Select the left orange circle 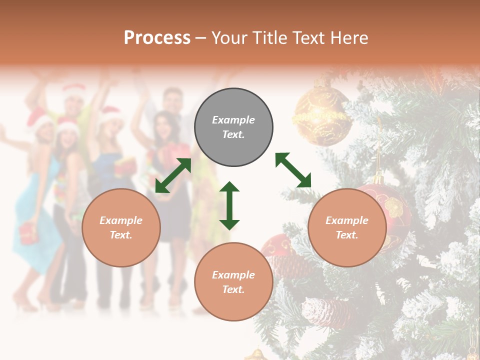(121, 227)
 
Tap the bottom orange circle (233, 281)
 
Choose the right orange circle (347, 227)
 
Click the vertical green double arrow (229, 205)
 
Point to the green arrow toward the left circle (173, 175)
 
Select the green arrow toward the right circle (293, 170)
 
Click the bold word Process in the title (157, 37)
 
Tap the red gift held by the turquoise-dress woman (28, 233)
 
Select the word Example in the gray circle (233, 120)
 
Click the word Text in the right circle (347, 235)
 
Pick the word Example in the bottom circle (233, 275)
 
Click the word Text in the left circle (121, 235)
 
